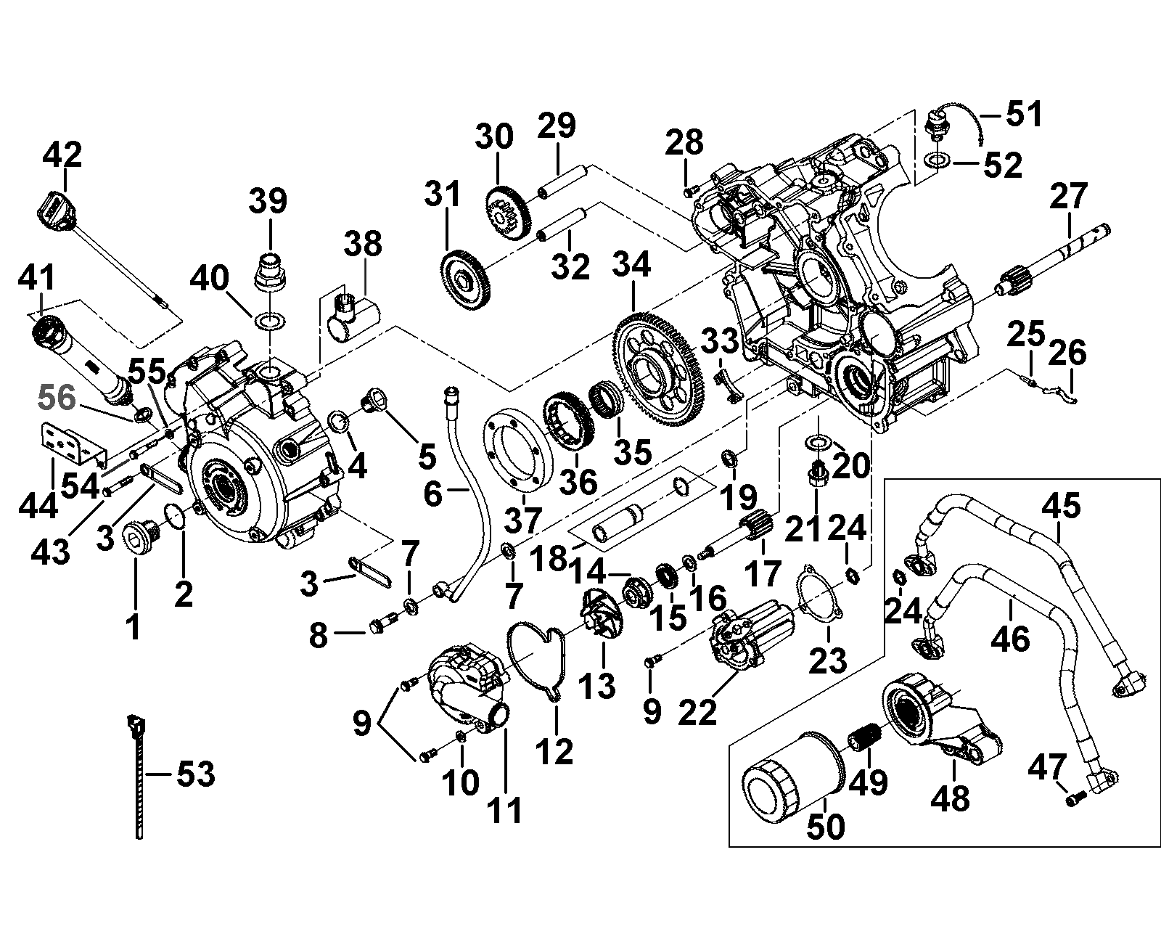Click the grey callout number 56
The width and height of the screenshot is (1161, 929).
point(57,398)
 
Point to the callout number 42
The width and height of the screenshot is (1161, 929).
point(62,155)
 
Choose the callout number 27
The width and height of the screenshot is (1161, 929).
point(1069,196)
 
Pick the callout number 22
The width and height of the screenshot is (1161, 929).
point(699,711)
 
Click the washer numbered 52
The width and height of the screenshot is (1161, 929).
point(937,159)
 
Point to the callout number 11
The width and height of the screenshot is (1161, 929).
point(505,810)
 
